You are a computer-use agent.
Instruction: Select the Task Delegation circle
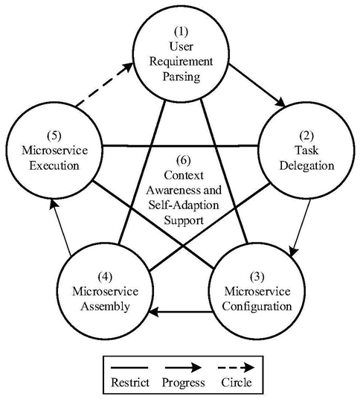pyautogui.click(x=306, y=103)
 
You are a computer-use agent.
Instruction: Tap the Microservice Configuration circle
pyautogui.click(x=257, y=243)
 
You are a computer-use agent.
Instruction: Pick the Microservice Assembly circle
pyautogui.click(x=105, y=243)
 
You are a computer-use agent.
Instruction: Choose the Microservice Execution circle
pyautogui.click(x=54, y=103)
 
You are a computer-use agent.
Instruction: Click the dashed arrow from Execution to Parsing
pyautogui.click(x=104, y=85)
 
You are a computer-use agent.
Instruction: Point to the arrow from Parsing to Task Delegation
pyautogui.click(x=257, y=86)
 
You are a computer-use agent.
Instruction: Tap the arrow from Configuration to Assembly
pyautogui.click(x=181, y=311)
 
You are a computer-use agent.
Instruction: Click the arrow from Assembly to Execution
pyautogui.click(x=60, y=227)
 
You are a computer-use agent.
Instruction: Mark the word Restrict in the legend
pyautogui.click(x=130, y=383)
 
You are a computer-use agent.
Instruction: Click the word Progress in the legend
pyautogui.click(x=183, y=383)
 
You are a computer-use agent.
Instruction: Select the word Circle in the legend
pyautogui.click(x=237, y=383)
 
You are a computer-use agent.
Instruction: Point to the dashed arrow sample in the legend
pyautogui.click(x=237, y=368)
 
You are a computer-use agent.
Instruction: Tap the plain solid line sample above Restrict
pyautogui.click(x=129, y=368)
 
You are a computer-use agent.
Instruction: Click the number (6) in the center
pyautogui.click(x=183, y=161)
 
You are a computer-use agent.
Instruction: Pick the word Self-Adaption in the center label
pyautogui.click(x=184, y=205)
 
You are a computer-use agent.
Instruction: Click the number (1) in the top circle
pyautogui.click(x=181, y=31)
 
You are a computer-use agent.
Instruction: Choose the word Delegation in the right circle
pyautogui.click(x=306, y=166)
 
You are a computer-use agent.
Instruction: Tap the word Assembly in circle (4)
pyautogui.click(x=106, y=307)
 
